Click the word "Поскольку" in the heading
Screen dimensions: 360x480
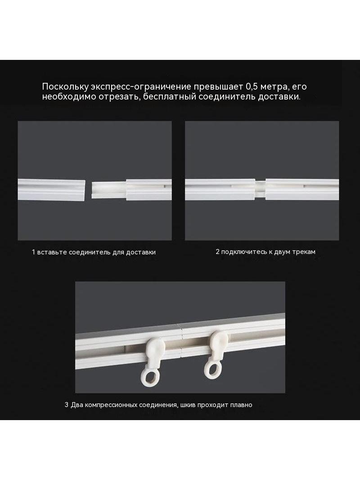(x=65, y=87)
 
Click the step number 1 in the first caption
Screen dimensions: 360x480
(x=33, y=252)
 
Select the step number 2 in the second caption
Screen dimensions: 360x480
(x=217, y=252)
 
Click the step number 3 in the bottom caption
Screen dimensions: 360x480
(x=66, y=405)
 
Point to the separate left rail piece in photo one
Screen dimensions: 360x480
(x=51, y=190)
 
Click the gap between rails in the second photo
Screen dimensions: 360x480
(x=260, y=189)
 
